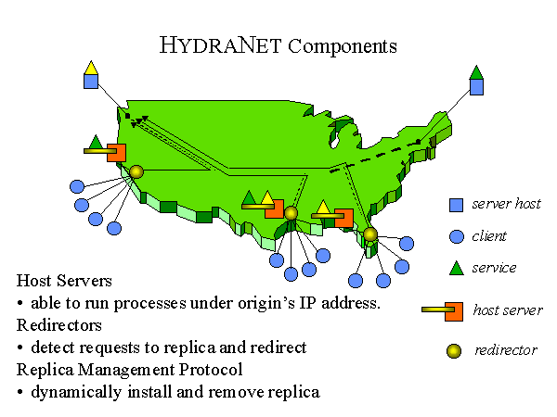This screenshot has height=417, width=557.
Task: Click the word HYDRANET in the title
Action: click(x=220, y=45)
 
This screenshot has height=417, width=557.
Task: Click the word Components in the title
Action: click(x=343, y=46)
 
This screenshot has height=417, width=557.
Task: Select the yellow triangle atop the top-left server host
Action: click(x=91, y=69)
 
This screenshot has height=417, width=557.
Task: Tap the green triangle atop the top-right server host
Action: click(x=476, y=73)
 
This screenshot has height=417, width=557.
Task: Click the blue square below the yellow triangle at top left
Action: click(x=91, y=82)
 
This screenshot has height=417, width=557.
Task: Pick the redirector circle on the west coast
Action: click(x=136, y=172)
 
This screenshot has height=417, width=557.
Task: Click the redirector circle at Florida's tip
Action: click(x=370, y=234)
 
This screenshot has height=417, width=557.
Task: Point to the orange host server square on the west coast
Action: click(x=117, y=153)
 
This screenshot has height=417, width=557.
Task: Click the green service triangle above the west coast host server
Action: click(x=96, y=142)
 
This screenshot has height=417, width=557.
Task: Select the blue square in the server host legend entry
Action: click(x=456, y=205)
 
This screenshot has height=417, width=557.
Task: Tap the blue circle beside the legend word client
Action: click(x=457, y=236)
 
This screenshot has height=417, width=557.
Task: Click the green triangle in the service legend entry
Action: click(x=457, y=269)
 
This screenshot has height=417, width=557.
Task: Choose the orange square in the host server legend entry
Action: click(x=454, y=311)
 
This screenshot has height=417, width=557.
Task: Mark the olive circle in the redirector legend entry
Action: click(x=454, y=351)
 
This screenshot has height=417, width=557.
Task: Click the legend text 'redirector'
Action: click(x=506, y=350)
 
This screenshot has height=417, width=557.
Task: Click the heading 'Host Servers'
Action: click(x=64, y=281)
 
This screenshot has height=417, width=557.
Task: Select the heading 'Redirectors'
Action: click(x=59, y=325)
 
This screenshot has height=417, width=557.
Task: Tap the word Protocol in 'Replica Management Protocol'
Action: click(x=211, y=370)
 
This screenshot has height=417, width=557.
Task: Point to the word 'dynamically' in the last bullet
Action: click(x=76, y=393)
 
